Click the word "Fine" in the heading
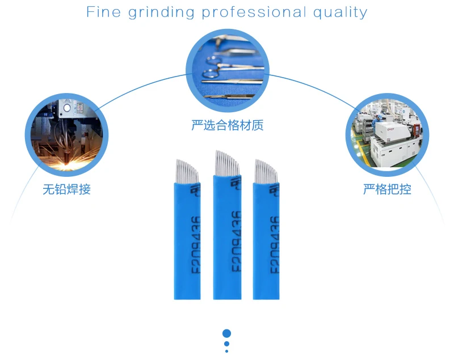[103, 12]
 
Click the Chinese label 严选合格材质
[227, 125]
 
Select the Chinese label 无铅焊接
[67, 189]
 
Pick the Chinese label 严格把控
[387, 189]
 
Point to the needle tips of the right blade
[266, 170]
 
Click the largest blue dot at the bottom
[226, 333]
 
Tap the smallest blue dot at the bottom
[226, 351]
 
